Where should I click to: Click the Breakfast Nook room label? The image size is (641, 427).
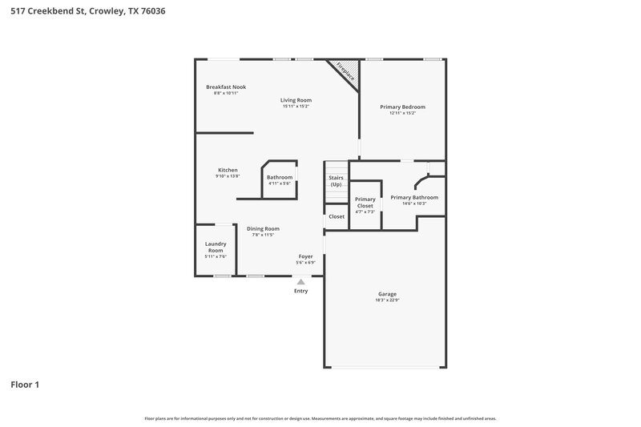click(x=226, y=87)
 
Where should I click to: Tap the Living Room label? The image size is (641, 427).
click(x=296, y=100)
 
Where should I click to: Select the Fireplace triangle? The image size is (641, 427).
click(x=345, y=71)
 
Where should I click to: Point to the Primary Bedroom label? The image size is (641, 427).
click(x=402, y=107)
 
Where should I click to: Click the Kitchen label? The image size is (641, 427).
click(x=228, y=170)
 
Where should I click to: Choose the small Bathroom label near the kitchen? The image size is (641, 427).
click(x=280, y=177)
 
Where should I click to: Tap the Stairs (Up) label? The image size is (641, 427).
click(x=337, y=181)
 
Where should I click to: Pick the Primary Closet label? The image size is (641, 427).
click(x=365, y=202)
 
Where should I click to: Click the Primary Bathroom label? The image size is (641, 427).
click(x=414, y=197)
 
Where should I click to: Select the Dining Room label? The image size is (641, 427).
click(x=263, y=228)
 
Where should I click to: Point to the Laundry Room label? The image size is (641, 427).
click(x=216, y=247)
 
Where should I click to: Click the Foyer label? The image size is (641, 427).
click(x=305, y=256)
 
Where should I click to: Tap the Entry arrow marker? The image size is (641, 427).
click(x=300, y=281)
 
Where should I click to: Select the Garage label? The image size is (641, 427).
click(x=387, y=294)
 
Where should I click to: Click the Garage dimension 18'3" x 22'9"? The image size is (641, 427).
click(x=387, y=300)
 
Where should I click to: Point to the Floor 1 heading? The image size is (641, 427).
click(x=25, y=385)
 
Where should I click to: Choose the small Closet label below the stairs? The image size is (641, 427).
click(x=337, y=216)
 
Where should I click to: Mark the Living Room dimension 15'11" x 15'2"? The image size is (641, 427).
click(x=296, y=107)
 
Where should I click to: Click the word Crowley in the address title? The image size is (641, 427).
click(x=103, y=11)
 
